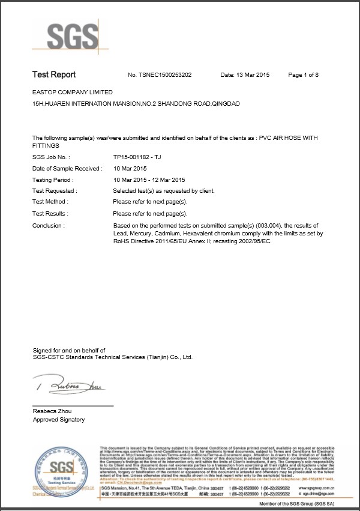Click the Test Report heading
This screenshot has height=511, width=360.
pyautogui.click(x=54, y=74)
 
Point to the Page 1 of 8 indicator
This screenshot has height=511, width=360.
pyautogui.click(x=304, y=75)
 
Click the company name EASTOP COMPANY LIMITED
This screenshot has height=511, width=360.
pyautogui.click(x=72, y=92)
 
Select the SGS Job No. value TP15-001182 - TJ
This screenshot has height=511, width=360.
pyautogui.click(x=137, y=156)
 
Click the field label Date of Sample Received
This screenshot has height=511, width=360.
pyautogui.click(x=67, y=168)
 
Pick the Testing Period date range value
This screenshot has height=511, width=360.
pyautogui.click(x=149, y=180)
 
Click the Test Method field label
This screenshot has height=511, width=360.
pyautogui.click(x=50, y=202)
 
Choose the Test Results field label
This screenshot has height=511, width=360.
pyautogui.click(x=50, y=214)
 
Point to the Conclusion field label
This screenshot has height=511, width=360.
pyautogui.click(x=49, y=226)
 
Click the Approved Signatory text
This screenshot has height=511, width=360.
pyautogui.click(x=59, y=420)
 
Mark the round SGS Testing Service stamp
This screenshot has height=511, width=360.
pyautogui.click(x=59, y=472)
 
